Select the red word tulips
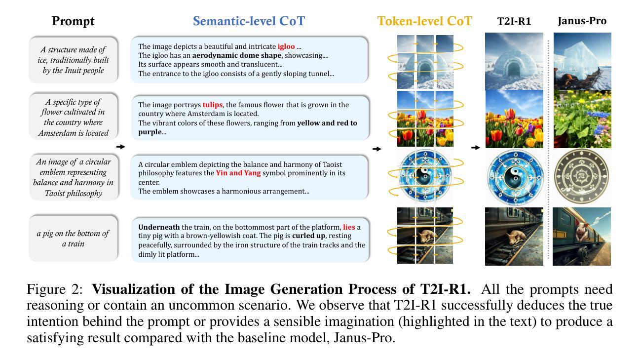tap(213, 105)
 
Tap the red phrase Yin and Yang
tap(238, 173)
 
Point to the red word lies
tap(349, 227)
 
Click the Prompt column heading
tap(73, 21)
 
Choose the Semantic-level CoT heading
tap(249, 21)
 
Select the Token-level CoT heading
tap(424, 21)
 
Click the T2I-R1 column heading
tap(514, 21)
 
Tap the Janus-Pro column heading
tap(582, 21)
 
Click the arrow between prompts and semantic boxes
tap(121, 147)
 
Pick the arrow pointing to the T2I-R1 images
tap(476, 148)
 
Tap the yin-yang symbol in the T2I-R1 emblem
tap(515, 177)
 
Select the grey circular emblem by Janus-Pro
tap(581, 176)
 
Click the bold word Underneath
tap(159, 227)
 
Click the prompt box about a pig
tap(74, 238)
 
